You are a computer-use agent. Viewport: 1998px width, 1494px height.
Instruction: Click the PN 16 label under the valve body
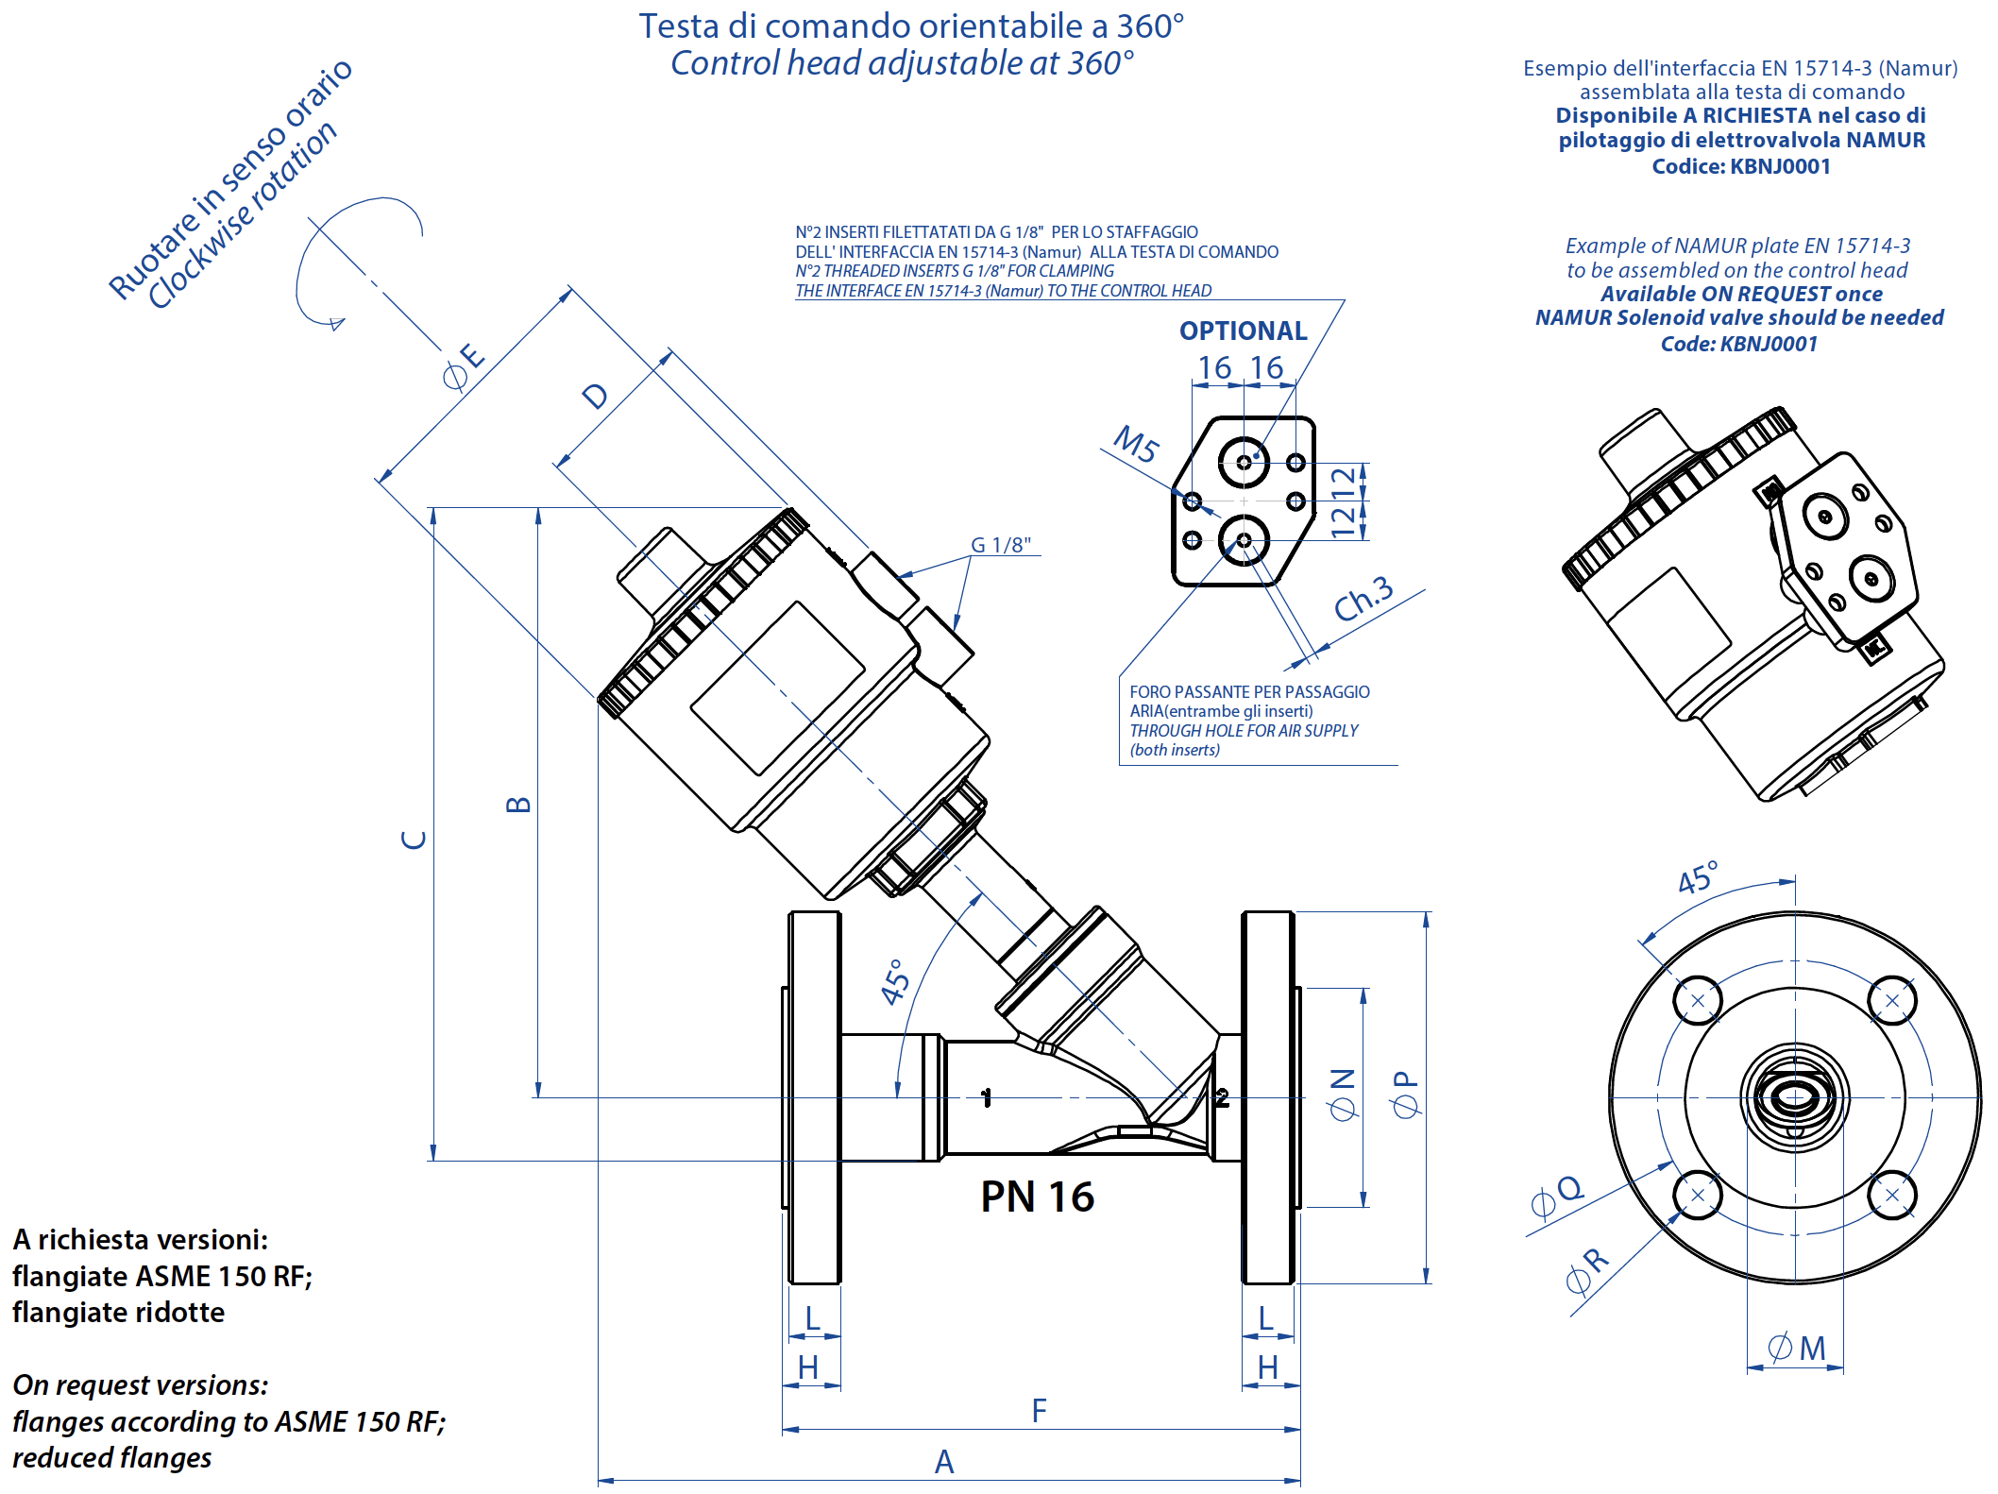tap(1037, 1197)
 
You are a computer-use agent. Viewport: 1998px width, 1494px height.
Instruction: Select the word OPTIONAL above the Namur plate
tap(1243, 331)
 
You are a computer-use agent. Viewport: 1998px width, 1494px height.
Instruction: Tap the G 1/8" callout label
tap(1000, 545)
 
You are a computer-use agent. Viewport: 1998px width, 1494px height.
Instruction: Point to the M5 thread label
tap(1135, 444)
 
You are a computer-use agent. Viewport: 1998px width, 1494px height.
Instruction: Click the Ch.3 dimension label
tap(1363, 598)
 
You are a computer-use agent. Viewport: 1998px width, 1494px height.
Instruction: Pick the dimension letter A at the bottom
tap(943, 1462)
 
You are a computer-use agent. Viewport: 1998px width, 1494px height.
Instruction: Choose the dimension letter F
tap(1039, 1411)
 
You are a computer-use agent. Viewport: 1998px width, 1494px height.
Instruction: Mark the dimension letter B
tap(518, 805)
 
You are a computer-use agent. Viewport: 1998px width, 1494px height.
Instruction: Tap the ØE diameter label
tap(464, 366)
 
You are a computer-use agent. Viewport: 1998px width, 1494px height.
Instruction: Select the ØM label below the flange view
tap(1796, 1348)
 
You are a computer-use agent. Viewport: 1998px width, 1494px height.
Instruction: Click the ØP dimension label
tap(1405, 1094)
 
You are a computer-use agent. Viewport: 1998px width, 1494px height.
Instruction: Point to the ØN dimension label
tap(1342, 1094)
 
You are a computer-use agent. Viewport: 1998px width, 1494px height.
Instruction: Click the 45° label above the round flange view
tap(1697, 877)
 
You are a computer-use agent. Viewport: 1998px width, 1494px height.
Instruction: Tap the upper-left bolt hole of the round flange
tap(1697, 1001)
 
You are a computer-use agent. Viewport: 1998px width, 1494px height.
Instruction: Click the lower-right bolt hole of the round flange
tap(1891, 1195)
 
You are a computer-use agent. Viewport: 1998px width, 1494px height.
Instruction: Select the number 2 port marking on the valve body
tap(1222, 1097)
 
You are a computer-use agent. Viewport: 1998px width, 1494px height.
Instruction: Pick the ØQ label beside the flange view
tap(1556, 1196)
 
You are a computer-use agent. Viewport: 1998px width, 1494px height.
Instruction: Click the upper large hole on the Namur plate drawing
tap(1244, 462)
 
